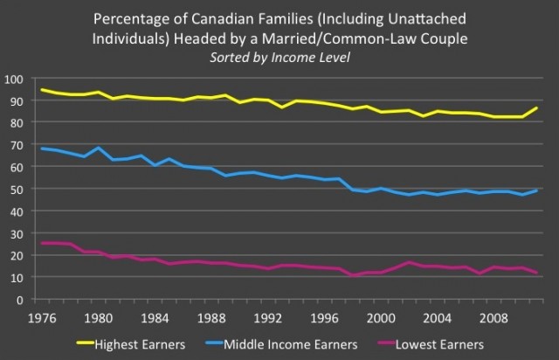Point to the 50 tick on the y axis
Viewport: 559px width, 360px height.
point(19,190)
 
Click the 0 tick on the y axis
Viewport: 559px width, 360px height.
point(23,300)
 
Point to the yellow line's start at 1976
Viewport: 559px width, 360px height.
point(41,90)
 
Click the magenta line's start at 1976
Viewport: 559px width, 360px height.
point(41,243)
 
